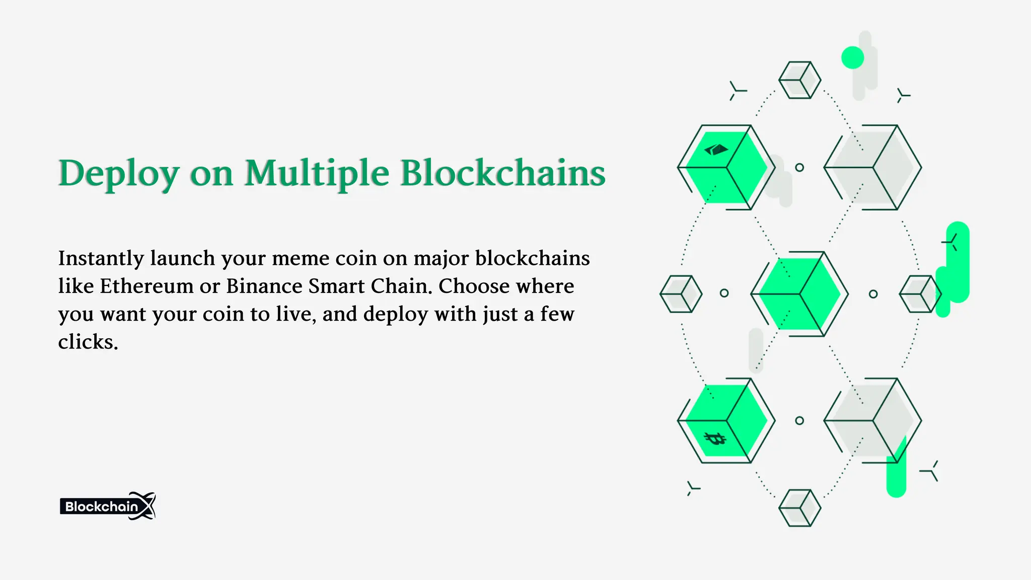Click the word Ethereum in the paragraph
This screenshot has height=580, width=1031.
coord(146,286)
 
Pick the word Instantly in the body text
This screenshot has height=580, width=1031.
coord(101,259)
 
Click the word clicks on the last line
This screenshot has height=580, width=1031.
coord(88,342)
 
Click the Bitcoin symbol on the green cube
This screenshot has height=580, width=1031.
coord(714,439)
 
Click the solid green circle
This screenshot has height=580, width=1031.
coord(852,57)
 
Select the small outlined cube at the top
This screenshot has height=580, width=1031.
coord(799,80)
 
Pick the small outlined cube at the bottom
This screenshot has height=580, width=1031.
coord(799,508)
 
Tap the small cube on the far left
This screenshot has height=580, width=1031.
coord(681,294)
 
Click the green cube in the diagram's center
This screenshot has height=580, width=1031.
coord(799,294)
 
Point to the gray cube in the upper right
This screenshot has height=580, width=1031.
coord(873,167)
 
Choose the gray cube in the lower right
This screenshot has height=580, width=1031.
coord(873,420)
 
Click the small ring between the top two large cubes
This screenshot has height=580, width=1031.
coord(799,168)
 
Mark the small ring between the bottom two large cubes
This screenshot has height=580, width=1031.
coord(799,420)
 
